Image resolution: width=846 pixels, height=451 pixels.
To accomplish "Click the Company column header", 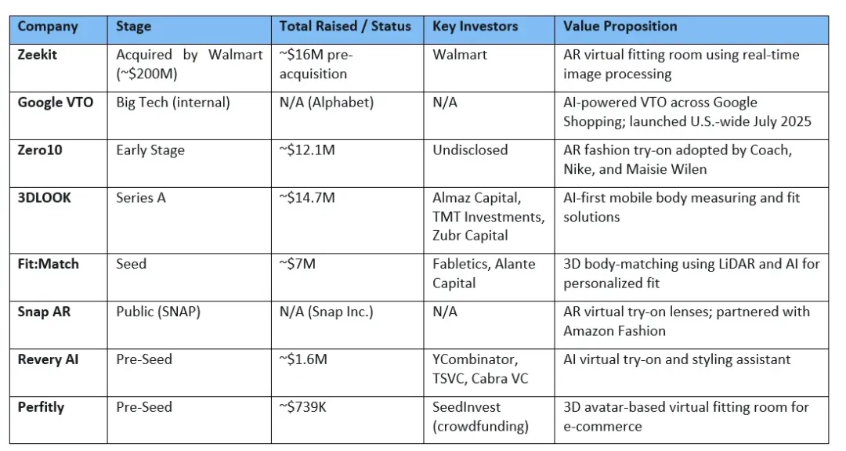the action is pos(48,27).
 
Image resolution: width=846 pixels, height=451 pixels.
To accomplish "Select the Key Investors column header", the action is pos(475,27).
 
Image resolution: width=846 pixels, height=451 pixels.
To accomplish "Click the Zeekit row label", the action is pos(38,55).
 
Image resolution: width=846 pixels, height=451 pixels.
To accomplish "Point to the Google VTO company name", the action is pos(55,103).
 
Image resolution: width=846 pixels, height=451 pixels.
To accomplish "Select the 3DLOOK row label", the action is pos(44,198).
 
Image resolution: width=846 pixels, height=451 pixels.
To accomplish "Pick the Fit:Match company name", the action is pos(48,264).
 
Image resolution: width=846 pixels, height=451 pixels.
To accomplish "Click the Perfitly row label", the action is pos(41,407).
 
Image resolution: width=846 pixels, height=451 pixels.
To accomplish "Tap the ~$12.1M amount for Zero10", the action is pos(307,150).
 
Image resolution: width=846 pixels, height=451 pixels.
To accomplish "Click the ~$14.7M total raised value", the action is pos(307,198).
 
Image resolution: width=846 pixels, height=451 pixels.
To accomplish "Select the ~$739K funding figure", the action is pos(302,407).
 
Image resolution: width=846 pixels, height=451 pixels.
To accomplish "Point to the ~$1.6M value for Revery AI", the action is pos(303,359).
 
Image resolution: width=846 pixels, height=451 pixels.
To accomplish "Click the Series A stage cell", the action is pos(141,198).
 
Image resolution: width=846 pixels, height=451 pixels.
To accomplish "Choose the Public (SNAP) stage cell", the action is pos(158,312).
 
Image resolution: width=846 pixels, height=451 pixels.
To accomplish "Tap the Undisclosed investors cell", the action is pos(470,150).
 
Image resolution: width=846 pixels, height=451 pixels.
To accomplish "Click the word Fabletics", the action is pos(461,264).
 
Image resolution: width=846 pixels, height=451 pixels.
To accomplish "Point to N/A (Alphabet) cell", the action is pos(327,103).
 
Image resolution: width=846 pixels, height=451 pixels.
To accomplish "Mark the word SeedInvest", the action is pos(466,407).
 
